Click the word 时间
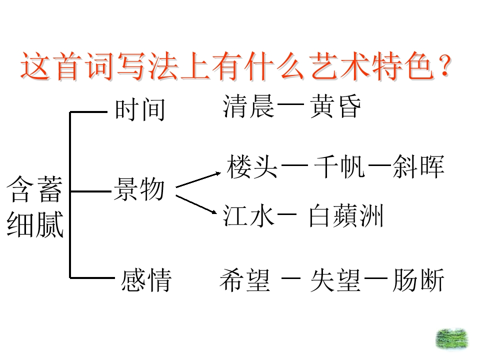[x=140, y=109]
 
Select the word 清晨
[x=248, y=106]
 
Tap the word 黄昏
[x=335, y=106]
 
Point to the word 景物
[x=139, y=189]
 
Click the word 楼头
[x=252, y=166]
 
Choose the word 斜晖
[x=418, y=166]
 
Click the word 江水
[x=248, y=216]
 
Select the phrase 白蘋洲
[x=346, y=216]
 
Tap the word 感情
[x=146, y=280]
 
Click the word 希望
[x=245, y=280]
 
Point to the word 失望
[x=335, y=280]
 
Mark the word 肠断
[x=418, y=280]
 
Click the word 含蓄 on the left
[x=34, y=189]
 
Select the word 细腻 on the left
[x=35, y=224]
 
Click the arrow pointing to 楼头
[x=198, y=180]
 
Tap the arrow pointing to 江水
[x=196, y=204]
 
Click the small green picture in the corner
[x=452, y=339]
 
